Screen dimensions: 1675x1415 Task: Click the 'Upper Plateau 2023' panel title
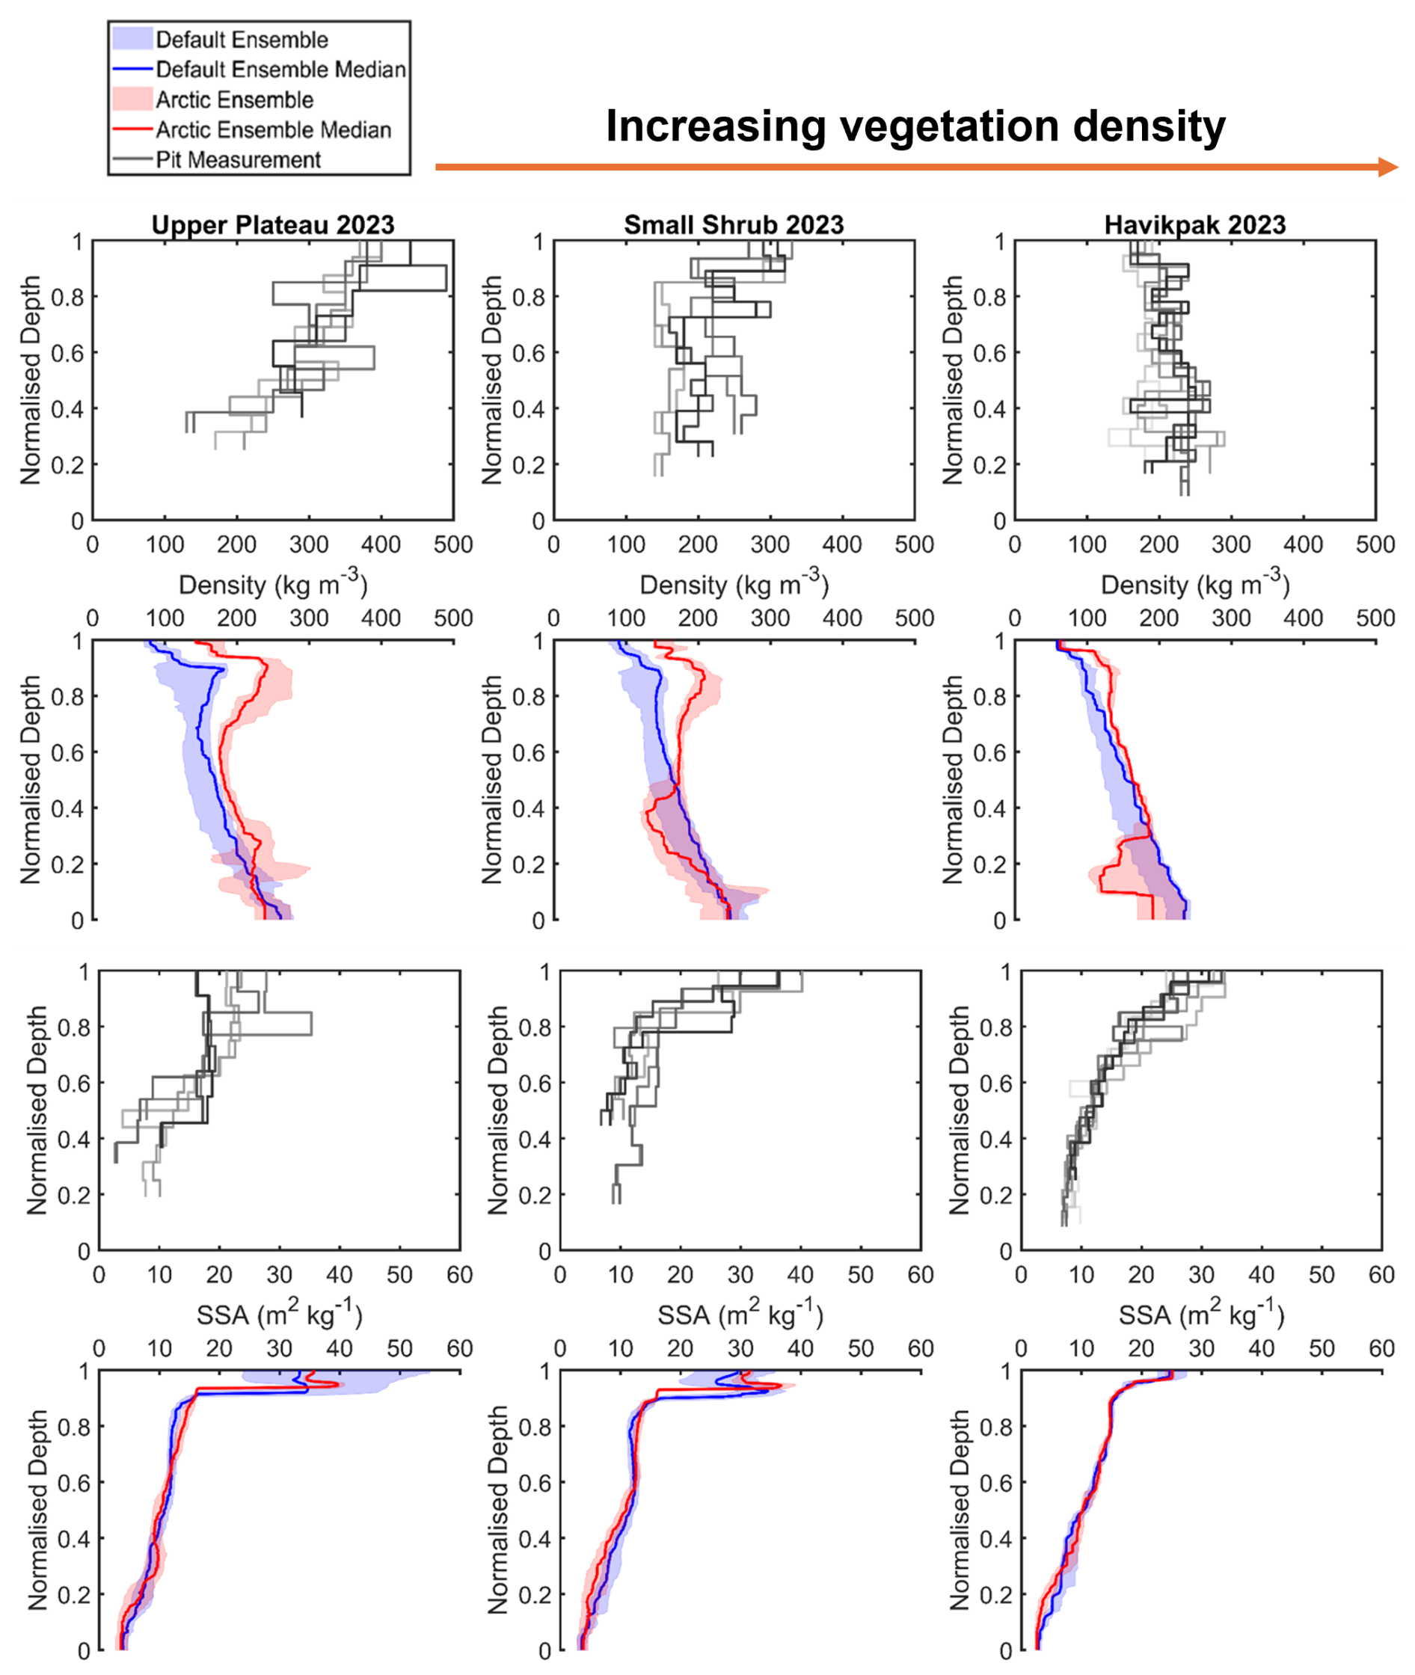273,224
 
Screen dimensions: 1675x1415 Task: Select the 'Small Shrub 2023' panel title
734,224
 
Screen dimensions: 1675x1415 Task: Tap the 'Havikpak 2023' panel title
1195,224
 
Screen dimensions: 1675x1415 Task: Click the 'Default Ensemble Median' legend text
280,70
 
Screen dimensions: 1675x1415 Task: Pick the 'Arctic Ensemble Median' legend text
274,130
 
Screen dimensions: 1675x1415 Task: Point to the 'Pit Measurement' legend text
239,160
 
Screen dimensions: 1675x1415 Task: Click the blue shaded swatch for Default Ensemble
132,38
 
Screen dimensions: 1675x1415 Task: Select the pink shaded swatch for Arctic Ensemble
132,99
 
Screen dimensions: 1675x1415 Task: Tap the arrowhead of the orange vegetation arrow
1389,167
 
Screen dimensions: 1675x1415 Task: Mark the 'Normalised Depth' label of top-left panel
31,380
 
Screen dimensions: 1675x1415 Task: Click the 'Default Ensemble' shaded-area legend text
242,40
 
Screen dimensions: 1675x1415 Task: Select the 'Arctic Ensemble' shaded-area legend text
234,99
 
